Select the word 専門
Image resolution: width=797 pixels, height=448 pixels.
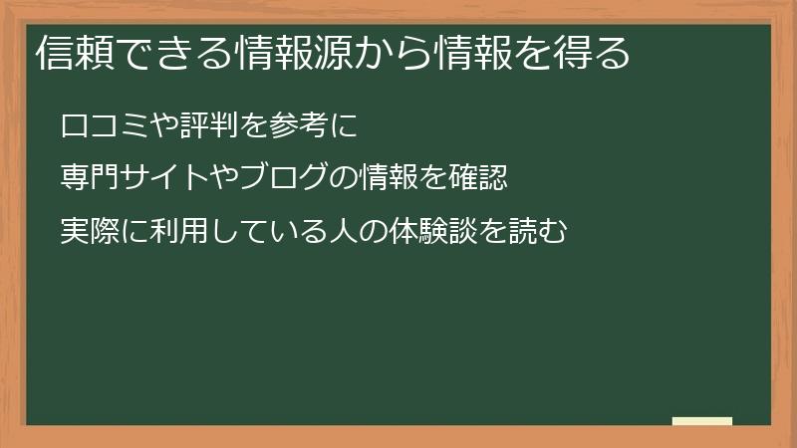coord(88,180)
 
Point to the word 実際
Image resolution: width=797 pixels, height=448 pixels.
coord(88,233)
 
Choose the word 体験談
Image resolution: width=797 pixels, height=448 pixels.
coord(416,233)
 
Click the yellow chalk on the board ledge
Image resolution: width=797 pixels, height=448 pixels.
coord(702,421)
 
